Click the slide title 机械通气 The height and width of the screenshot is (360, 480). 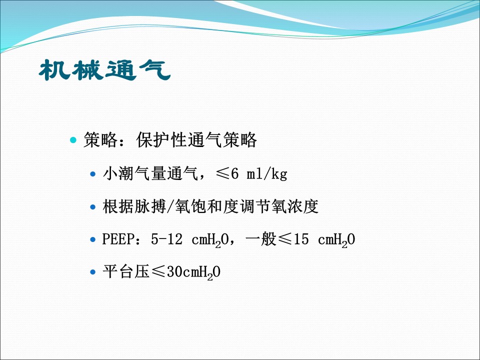104,70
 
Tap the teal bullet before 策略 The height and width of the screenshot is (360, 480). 73,140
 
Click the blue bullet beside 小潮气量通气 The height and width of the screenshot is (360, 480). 93,174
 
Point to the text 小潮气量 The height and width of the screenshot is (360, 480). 134,173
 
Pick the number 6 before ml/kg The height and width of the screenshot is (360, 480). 235,173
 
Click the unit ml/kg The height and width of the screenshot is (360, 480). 267,174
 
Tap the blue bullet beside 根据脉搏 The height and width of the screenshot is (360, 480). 93,207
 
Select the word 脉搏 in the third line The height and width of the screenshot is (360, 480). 150,206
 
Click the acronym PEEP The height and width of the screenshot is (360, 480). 118,239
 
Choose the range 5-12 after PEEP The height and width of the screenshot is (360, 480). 166,239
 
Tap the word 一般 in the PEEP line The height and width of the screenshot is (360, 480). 261,239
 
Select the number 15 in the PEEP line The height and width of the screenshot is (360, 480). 301,239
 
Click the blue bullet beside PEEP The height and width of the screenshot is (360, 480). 93,239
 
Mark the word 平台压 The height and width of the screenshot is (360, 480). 126,271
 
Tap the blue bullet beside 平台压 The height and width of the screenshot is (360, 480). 93,272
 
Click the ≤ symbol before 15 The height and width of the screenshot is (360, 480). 285,239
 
